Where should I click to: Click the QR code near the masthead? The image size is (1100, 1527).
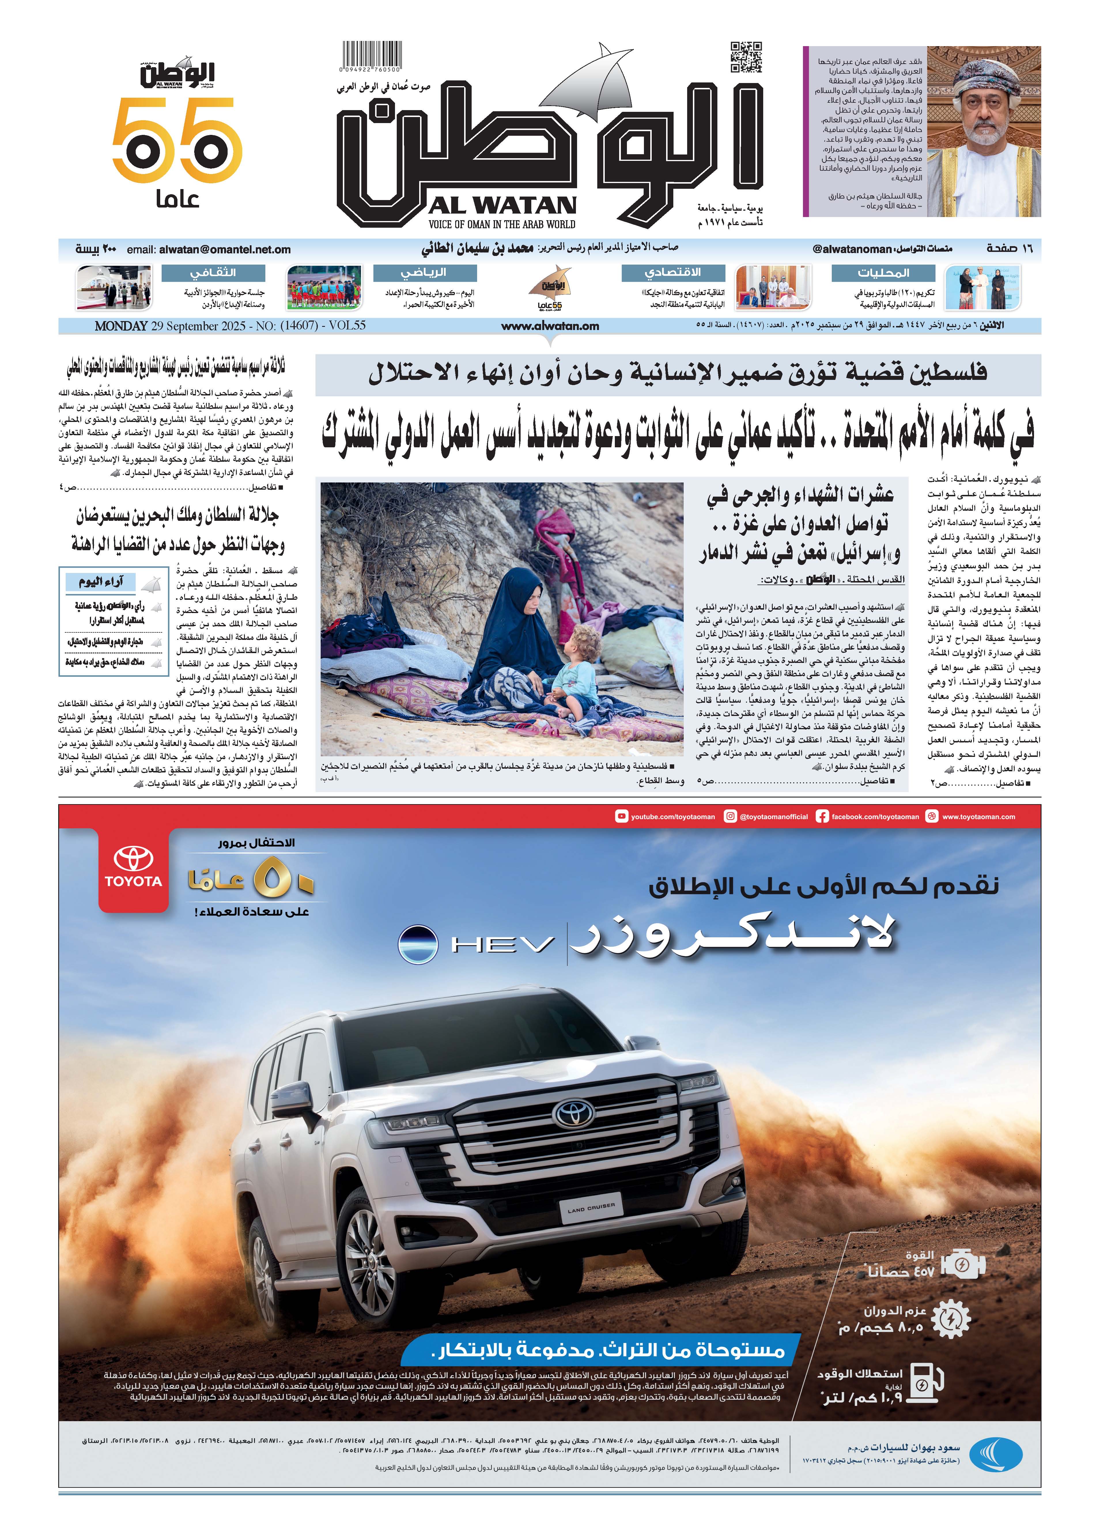[x=746, y=57]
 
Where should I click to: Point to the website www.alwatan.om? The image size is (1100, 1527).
[x=550, y=326]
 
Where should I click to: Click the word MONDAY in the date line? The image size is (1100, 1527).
[x=121, y=326]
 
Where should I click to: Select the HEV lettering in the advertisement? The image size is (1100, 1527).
[x=503, y=945]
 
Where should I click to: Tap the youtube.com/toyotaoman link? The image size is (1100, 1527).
[x=665, y=817]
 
